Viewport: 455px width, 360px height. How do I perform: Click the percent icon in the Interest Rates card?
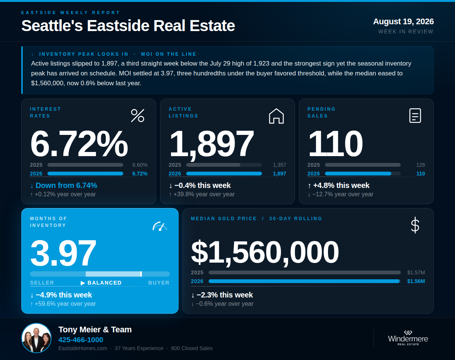pos(138,116)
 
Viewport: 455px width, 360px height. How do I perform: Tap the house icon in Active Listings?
pos(276,116)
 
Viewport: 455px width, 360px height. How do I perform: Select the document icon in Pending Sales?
pos(415,116)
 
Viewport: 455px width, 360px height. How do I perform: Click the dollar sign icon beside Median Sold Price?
pos(415,225)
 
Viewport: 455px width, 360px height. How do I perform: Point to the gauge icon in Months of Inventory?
pos(160,226)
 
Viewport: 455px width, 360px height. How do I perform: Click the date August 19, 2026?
pos(403,22)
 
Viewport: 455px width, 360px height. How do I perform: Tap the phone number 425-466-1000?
pos(81,340)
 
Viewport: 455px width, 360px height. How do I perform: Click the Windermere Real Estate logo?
pos(408,338)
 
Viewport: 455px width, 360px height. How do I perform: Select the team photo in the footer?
pos(36,338)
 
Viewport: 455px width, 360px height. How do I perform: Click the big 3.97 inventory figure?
pos(63,253)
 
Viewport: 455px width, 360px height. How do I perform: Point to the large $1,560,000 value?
pos(265,252)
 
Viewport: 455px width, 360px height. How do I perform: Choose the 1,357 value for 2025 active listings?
pos(279,165)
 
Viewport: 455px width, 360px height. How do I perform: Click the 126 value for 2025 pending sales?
pos(420,165)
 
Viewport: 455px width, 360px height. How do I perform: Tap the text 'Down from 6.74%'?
pos(66,185)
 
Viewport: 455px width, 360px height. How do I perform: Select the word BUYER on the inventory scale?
pos(159,283)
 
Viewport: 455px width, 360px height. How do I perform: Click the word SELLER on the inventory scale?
pos(42,283)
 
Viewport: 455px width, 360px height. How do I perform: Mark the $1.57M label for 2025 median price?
pos(416,272)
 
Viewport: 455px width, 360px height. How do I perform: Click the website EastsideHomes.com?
pos(83,348)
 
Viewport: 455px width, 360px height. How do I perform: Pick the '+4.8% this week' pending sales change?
pos(341,185)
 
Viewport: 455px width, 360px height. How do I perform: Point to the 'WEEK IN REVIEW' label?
pos(406,31)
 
